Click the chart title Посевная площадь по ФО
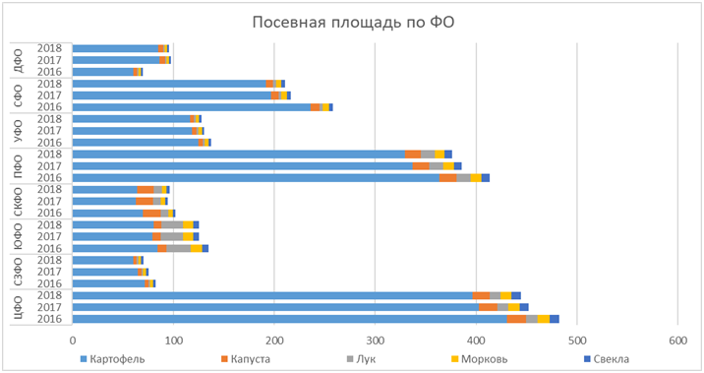[352, 23]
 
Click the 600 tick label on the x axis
[677, 339]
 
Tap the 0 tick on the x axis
[73, 339]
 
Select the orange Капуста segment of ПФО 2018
[413, 155]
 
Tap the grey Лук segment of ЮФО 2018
[172, 224]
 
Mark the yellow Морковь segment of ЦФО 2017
[514, 307]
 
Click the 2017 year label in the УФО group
[48, 131]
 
